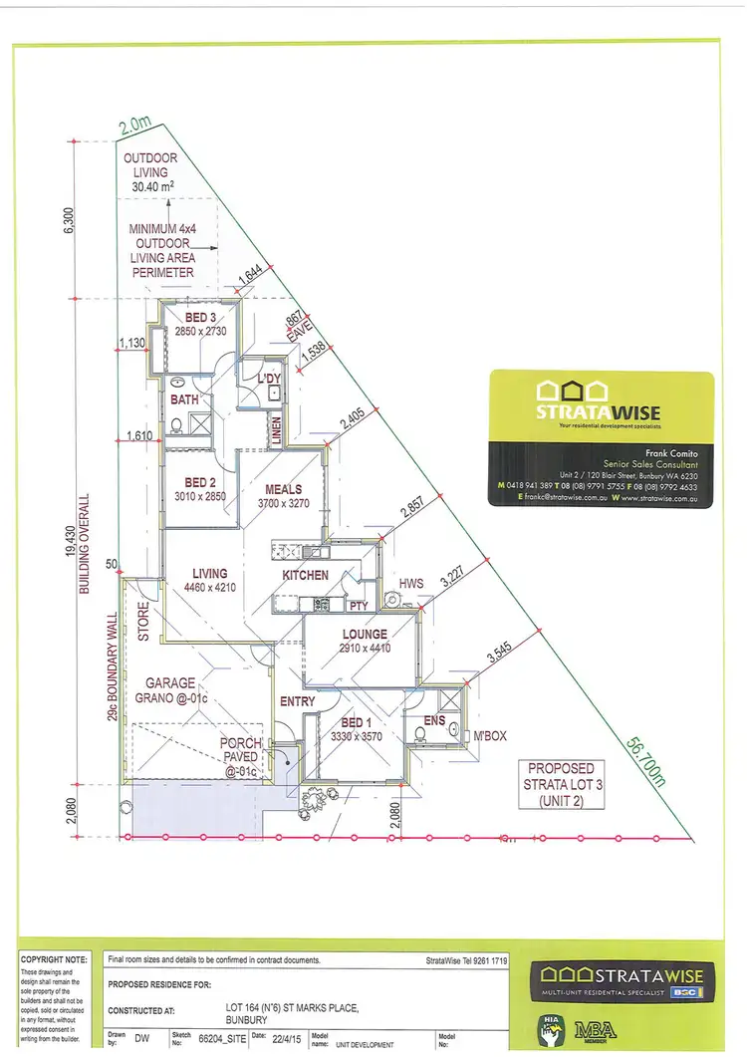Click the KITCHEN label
coord(306,576)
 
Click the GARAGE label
coord(170,683)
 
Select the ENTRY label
coord(298,701)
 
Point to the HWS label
coord(411,582)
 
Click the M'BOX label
coord(489,736)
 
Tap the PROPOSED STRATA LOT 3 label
coord(561,785)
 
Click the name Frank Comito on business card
coord(655,453)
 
